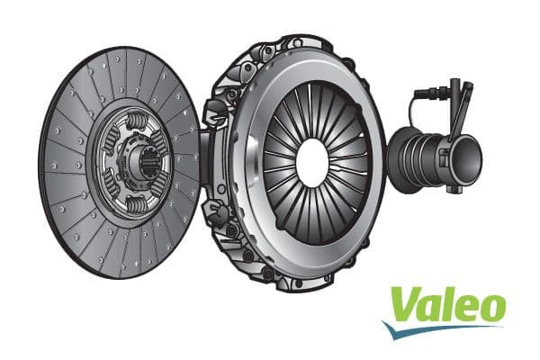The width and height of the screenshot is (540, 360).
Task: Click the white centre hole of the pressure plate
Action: click(312, 161)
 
